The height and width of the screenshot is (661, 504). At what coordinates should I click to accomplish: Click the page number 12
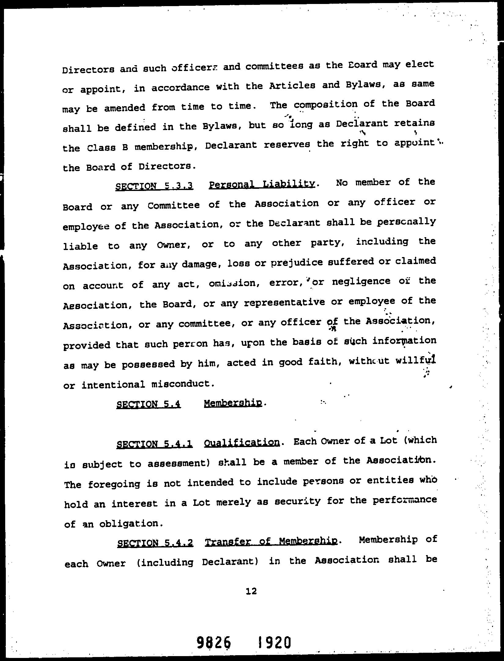point(251,591)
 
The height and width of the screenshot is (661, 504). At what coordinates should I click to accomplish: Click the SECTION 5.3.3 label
point(154,186)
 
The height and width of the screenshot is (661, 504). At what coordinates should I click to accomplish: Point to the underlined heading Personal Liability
point(261,184)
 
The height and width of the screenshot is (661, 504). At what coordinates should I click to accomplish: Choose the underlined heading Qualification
point(242,443)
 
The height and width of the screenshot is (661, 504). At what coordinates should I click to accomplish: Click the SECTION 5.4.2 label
point(155,543)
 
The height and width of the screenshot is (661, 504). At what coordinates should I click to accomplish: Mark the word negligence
point(361,281)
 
